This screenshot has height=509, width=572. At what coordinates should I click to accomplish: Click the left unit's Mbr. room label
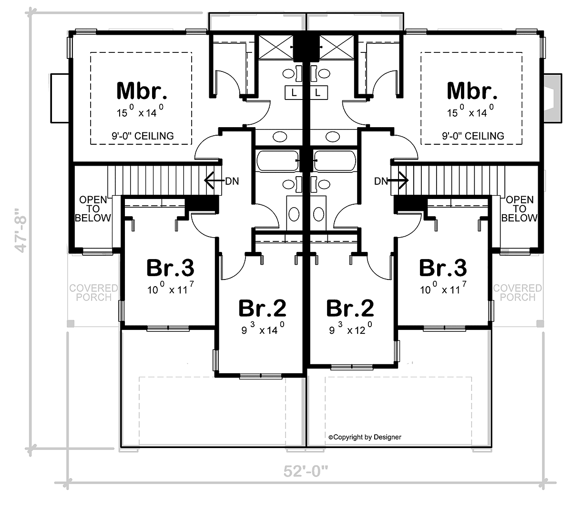click(x=142, y=90)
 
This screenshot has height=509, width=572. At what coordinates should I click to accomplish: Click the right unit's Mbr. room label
click(x=472, y=90)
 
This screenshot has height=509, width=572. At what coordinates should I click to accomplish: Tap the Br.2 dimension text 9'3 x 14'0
click(x=263, y=329)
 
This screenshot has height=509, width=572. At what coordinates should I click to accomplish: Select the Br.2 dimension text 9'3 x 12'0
click(x=350, y=329)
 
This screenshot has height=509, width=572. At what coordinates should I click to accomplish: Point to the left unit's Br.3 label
click(x=170, y=268)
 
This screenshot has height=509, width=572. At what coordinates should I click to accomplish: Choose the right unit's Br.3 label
click(x=443, y=268)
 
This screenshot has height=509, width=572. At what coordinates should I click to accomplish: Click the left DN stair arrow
click(x=214, y=180)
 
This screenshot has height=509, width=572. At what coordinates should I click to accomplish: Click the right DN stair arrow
click(x=398, y=180)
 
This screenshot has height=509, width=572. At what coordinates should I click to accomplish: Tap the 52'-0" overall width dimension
click(x=306, y=471)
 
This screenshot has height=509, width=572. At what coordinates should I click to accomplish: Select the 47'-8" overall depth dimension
click(x=21, y=230)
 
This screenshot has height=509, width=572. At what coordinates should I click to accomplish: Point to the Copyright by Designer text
click(x=365, y=437)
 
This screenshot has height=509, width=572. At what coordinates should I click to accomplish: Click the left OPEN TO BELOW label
click(x=93, y=209)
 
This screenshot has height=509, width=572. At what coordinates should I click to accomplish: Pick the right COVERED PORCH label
click(x=518, y=292)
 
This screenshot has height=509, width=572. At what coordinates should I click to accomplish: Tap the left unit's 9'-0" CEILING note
click(x=143, y=136)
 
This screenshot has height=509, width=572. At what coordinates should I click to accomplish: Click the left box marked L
click(x=294, y=92)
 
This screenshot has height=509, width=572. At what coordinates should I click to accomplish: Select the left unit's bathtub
click(x=277, y=161)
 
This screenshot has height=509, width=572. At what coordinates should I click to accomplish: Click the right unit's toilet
click(x=318, y=213)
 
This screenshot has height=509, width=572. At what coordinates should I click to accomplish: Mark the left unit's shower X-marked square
click(x=276, y=47)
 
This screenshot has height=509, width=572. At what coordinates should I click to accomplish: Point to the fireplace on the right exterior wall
click(x=553, y=98)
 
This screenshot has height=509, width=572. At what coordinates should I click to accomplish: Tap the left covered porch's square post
click(x=71, y=323)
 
